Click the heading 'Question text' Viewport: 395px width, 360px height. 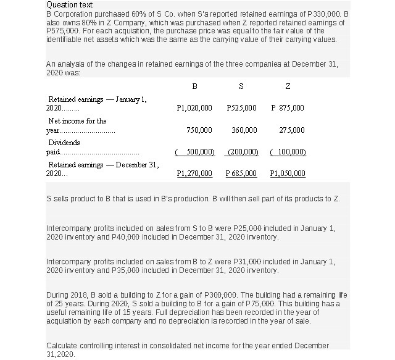[x=68, y=4]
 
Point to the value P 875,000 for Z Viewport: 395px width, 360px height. [x=288, y=108]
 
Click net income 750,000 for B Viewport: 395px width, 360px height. [x=199, y=130]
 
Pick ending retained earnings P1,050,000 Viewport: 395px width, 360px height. [x=288, y=174]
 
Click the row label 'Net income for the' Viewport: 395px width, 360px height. [x=77, y=121]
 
